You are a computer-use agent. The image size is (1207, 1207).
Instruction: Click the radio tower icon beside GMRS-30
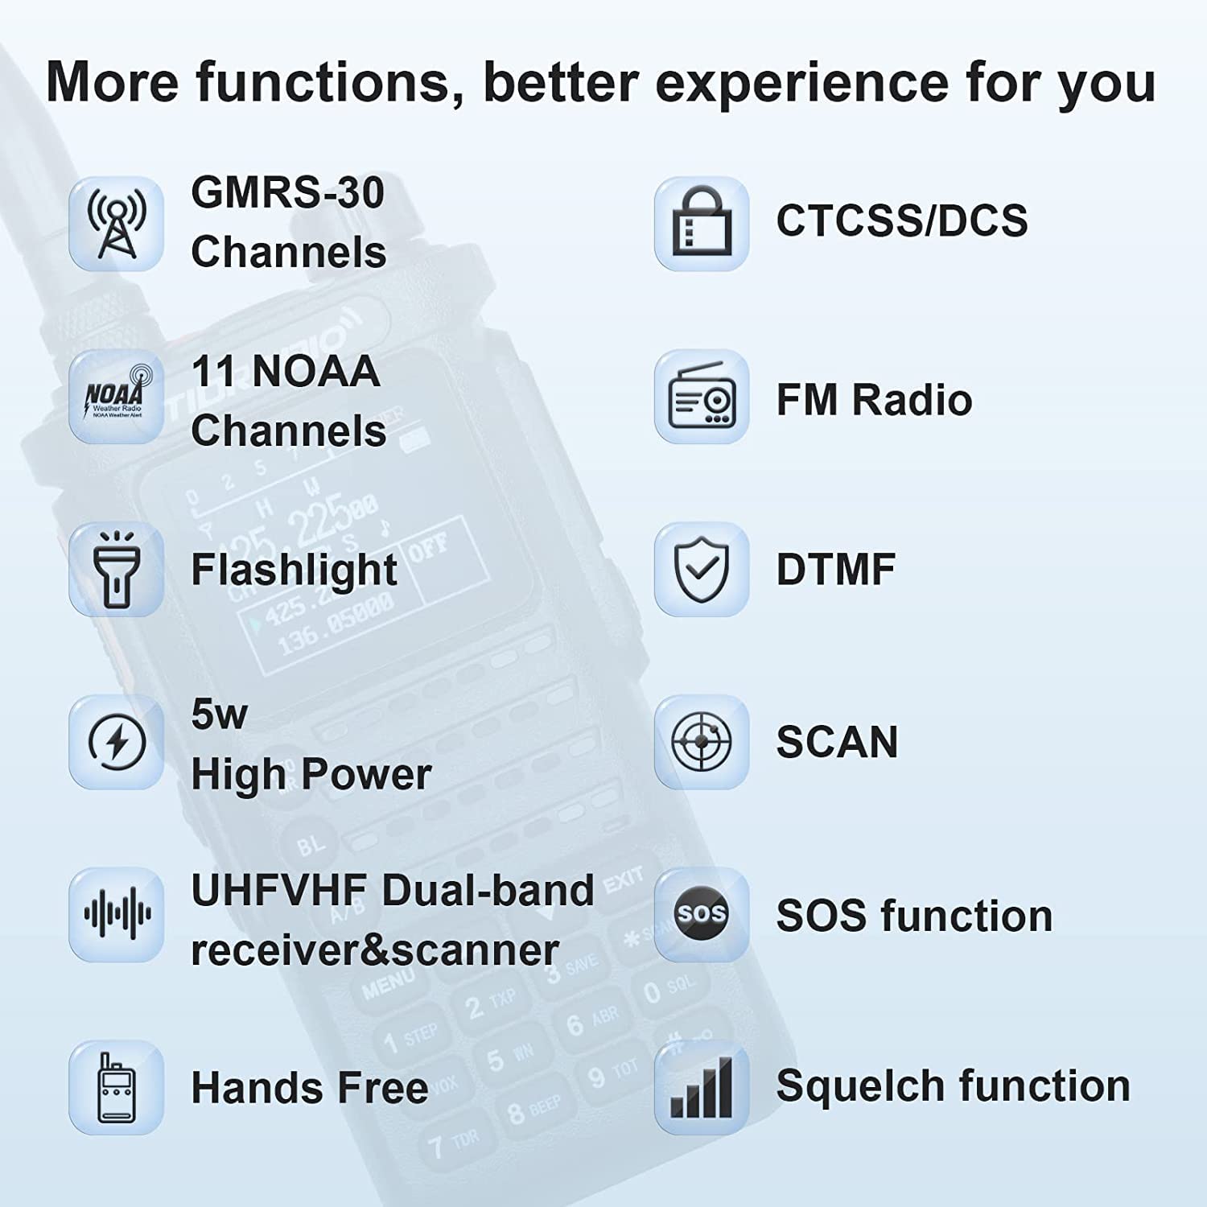pyautogui.click(x=117, y=224)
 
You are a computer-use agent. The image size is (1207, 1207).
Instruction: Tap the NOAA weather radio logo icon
pyautogui.click(x=117, y=396)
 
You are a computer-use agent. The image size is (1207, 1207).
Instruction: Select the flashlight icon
pyautogui.click(x=117, y=569)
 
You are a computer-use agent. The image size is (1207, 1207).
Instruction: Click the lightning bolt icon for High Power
pyautogui.click(x=117, y=742)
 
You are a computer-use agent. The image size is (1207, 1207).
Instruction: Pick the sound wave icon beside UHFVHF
pyautogui.click(x=117, y=914)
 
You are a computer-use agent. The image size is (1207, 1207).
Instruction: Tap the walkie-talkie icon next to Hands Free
pyautogui.click(x=117, y=1087)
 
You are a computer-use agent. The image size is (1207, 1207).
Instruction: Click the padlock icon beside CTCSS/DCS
pyautogui.click(x=702, y=224)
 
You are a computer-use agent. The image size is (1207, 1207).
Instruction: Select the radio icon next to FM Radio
pyautogui.click(x=702, y=396)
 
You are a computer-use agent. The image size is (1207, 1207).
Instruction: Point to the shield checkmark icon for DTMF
pyautogui.click(x=702, y=569)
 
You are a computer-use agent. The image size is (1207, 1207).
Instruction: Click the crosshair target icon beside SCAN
pyautogui.click(x=702, y=742)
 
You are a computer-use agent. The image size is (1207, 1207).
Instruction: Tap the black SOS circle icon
pyautogui.click(x=702, y=914)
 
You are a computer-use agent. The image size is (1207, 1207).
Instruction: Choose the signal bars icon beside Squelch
pyautogui.click(x=702, y=1087)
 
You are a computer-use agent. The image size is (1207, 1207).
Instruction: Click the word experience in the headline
pyautogui.click(x=802, y=84)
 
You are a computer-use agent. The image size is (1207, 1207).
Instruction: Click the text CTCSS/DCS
pyautogui.click(x=901, y=220)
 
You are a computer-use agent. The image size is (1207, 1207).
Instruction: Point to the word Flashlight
pyautogui.click(x=294, y=570)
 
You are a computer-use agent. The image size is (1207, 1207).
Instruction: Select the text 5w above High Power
pyautogui.click(x=219, y=714)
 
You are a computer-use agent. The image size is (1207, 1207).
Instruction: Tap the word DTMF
pyautogui.click(x=835, y=570)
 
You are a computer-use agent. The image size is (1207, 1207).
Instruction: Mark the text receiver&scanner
pyautogui.click(x=374, y=950)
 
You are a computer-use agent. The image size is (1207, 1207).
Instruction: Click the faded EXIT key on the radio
pyautogui.click(x=623, y=879)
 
